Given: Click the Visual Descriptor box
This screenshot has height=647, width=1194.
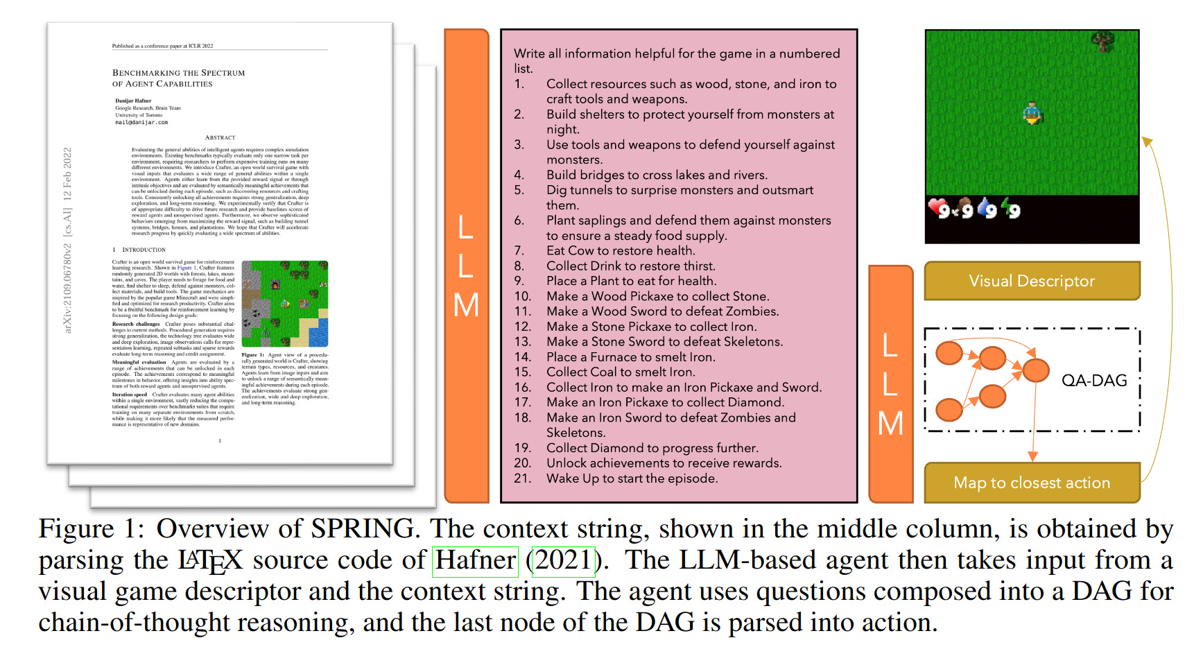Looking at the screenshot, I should [1032, 281].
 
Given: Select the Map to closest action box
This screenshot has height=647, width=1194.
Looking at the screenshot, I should [1032, 483].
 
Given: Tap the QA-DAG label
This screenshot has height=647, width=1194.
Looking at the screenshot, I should [1094, 380].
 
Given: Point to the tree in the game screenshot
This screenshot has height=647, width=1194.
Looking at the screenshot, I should [1103, 42].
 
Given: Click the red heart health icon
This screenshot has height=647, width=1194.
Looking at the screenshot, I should [937, 207].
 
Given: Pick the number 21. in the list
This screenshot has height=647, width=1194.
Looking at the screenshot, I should [522, 478].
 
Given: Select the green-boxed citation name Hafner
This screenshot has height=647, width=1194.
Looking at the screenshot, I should [476, 560].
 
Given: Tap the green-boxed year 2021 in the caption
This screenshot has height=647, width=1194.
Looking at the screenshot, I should [563, 560].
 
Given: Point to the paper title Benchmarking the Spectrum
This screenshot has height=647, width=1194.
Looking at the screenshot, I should [178, 73].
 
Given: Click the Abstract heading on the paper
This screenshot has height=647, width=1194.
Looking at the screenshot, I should [220, 137].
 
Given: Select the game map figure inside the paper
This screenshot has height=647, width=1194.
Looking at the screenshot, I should [284, 304].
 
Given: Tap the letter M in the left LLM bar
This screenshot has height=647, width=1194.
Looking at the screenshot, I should [466, 306].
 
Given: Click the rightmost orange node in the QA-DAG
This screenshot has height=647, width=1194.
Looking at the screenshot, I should [1036, 370].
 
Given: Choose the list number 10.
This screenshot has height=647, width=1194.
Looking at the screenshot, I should [522, 296].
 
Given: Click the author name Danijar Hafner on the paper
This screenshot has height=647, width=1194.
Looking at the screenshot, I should [133, 101].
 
